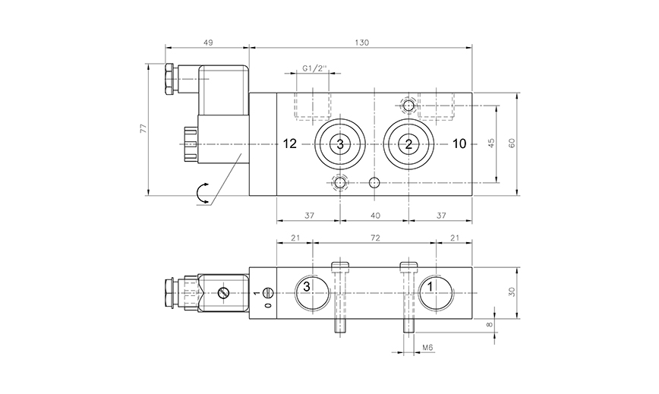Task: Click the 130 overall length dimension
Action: (x=361, y=43)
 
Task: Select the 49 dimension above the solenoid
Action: (x=208, y=43)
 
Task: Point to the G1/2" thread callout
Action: (x=314, y=68)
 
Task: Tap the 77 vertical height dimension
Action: (x=143, y=129)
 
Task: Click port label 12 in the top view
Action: (x=289, y=144)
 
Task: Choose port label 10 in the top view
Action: (x=459, y=144)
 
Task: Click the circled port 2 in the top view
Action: (x=408, y=144)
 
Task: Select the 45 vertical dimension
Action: (x=491, y=143)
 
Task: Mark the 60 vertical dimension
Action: (x=512, y=143)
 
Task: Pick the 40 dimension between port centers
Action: (x=375, y=216)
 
